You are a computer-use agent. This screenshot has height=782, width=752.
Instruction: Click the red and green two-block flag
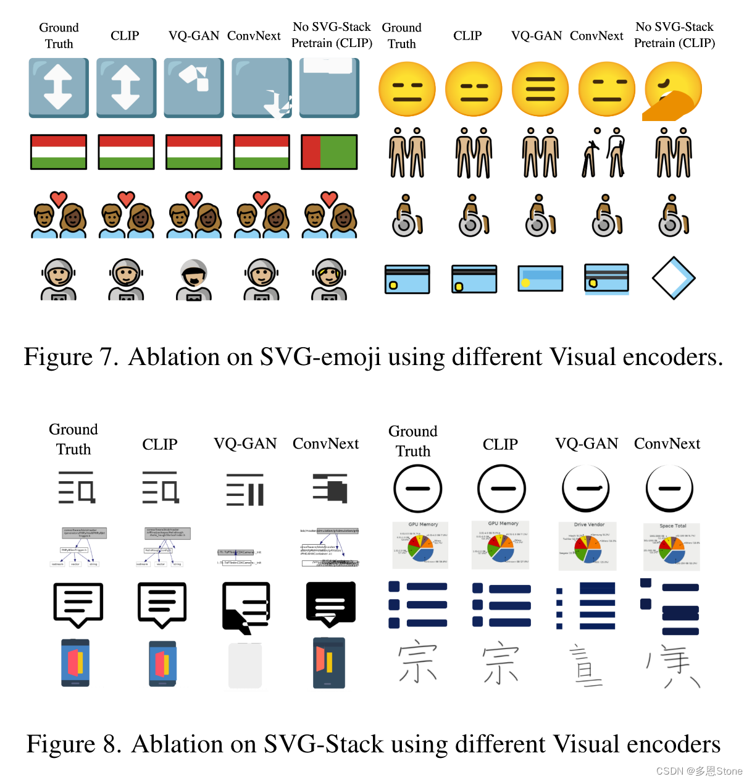pyautogui.click(x=329, y=152)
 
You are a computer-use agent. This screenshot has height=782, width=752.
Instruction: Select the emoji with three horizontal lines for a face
pyautogui.click(x=540, y=90)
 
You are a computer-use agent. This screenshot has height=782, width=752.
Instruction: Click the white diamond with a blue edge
pyautogui.click(x=674, y=279)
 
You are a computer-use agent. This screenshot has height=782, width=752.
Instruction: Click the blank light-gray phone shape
pyautogui.click(x=245, y=665)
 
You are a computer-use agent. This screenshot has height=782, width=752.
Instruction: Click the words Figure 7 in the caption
pyautogui.click(x=71, y=357)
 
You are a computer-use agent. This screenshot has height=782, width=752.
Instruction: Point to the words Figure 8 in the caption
pyautogui.click(x=74, y=744)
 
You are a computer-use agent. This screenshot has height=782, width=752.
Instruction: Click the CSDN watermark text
pyautogui.click(x=699, y=771)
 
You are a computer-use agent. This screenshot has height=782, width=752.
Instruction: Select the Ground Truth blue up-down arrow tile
pyautogui.click(x=59, y=88)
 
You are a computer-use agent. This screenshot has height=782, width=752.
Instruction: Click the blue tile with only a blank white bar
pyautogui.click(x=329, y=88)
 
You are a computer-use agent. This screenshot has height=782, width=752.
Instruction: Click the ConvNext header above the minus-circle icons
pyautogui.click(x=667, y=444)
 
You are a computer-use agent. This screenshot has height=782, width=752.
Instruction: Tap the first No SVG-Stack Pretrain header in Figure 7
pyautogui.click(x=332, y=35)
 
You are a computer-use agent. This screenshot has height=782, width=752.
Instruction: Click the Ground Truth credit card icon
pyautogui.click(x=407, y=279)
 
